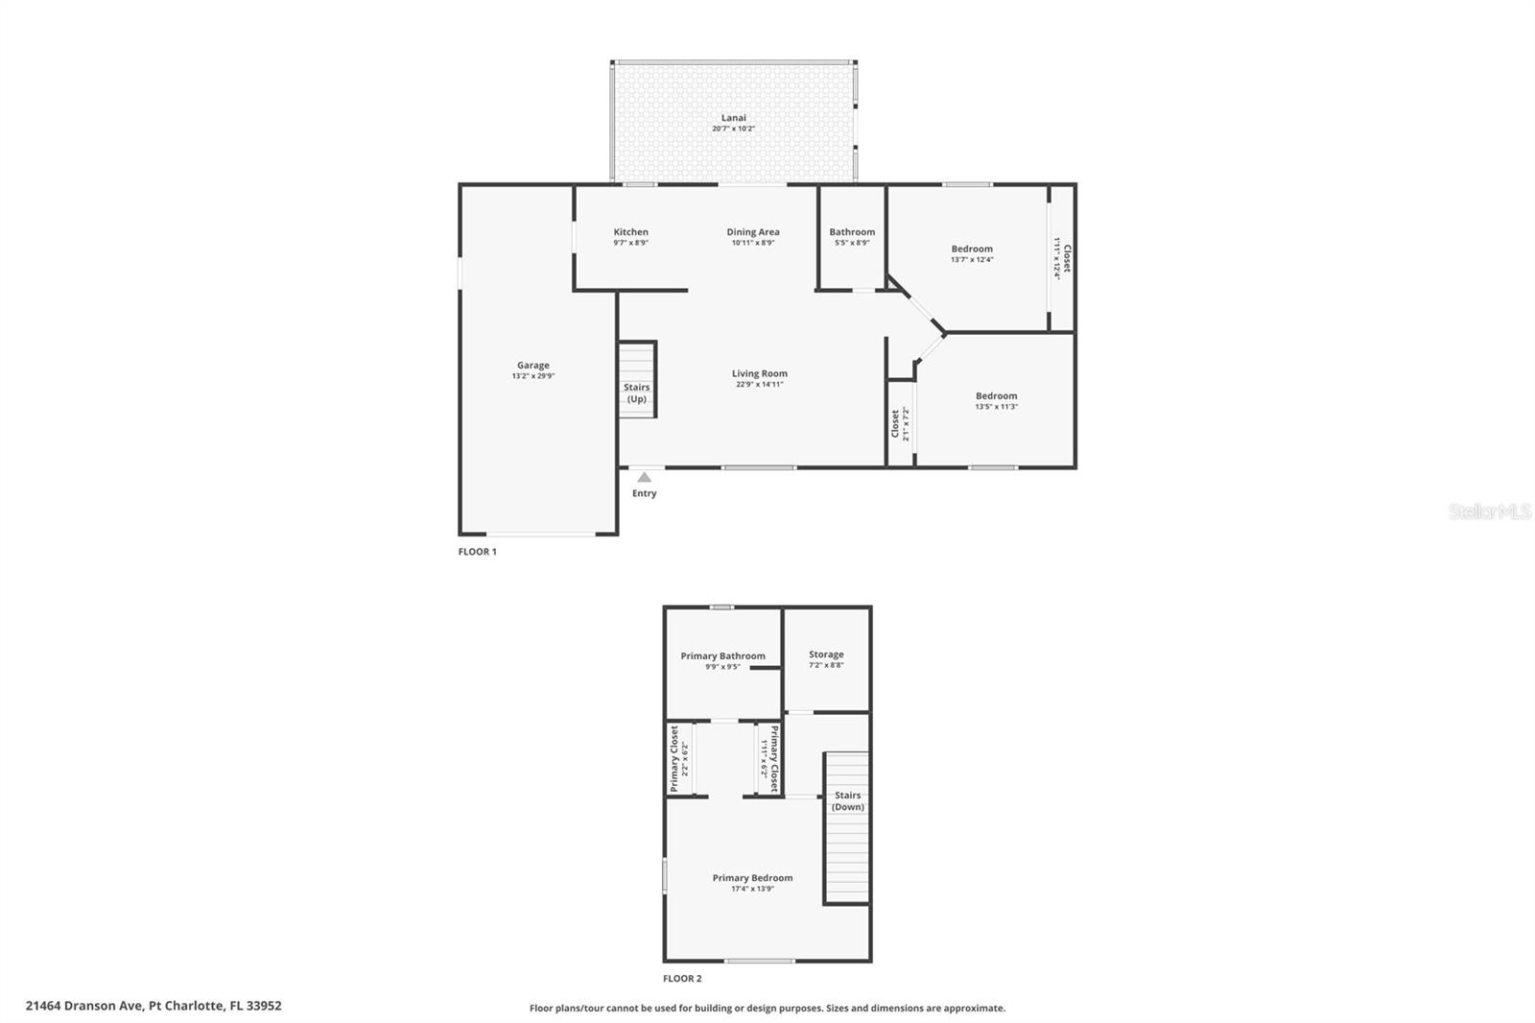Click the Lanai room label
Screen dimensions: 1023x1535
[734, 118]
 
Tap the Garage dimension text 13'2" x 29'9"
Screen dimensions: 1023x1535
[533, 376]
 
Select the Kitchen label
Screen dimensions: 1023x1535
[631, 231]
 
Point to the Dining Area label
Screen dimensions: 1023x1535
[753, 231]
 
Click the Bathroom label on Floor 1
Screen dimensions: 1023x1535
[852, 231]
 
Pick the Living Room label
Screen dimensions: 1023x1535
[760, 373]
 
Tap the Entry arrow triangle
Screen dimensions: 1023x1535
[645, 477]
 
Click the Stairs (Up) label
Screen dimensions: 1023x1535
[637, 393]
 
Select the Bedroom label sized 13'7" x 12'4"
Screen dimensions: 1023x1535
[972, 249]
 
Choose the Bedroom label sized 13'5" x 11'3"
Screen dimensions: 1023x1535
[996, 395]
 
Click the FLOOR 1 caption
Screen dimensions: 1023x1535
[477, 552]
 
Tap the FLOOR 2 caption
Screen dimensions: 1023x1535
[682, 979]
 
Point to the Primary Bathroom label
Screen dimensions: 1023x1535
[723, 655]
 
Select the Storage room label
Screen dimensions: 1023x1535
[826, 654]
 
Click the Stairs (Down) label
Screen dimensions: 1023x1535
[848, 800]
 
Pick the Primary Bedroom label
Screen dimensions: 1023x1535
[752, 877]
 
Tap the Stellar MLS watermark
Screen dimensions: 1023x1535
[1489, 511]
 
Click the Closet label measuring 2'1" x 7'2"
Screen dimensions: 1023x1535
[895, 423]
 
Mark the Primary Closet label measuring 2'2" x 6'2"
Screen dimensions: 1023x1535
[674, 758]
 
